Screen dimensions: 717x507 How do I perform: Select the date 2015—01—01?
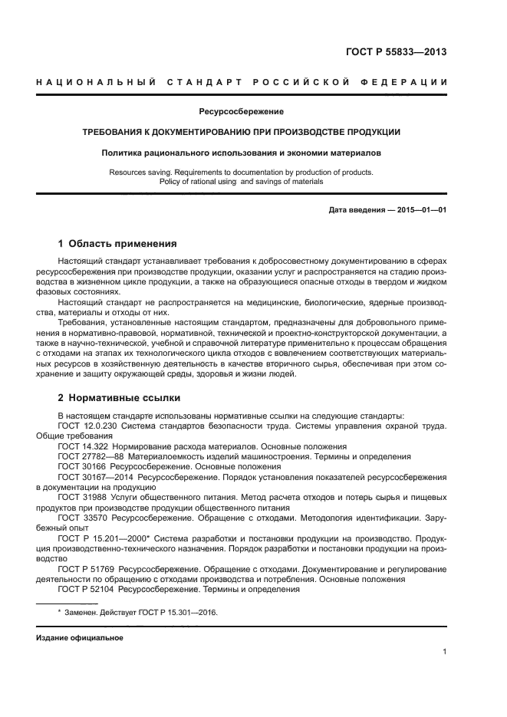click(419, 209)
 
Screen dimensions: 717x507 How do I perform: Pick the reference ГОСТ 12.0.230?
click(86, 425)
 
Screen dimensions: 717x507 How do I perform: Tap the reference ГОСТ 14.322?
click(81, 446)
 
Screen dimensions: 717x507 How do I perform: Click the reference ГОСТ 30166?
click(81, 465)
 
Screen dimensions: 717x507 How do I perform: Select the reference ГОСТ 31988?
click(81, 497)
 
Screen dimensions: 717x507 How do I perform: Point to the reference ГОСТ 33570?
click(81, 518)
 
